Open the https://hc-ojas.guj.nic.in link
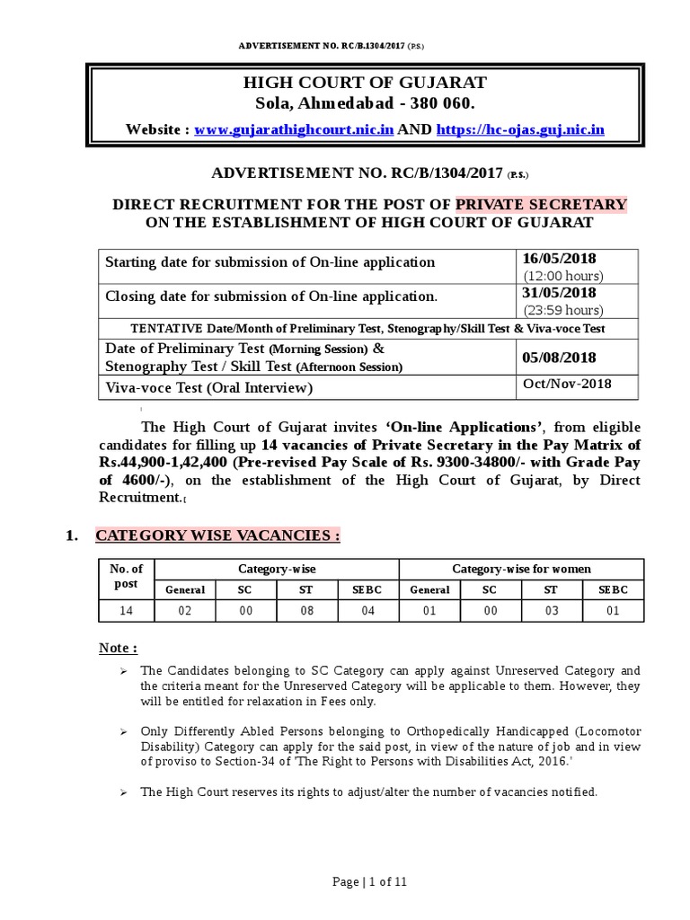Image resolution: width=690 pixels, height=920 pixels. [520, 130]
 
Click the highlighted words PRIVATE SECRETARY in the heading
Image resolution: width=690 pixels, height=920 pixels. [542, 204]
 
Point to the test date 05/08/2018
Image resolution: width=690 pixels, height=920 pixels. [559, 358]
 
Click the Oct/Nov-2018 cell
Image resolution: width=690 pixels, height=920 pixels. [567, 385]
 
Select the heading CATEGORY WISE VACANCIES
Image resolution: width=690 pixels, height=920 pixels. [217, 536]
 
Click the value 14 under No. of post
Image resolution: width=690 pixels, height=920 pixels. [126, 612]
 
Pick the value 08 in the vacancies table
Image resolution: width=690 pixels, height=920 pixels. [307, 612]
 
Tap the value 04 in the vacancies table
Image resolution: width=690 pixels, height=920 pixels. [367, 612]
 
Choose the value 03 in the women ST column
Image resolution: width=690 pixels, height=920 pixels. [552, 612]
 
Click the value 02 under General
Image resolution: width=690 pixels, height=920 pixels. [185, 612]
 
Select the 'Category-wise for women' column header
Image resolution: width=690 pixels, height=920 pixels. [521, 569]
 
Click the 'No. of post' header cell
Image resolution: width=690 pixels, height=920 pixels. [126, 576]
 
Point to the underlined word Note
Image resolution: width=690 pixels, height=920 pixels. [118, 649]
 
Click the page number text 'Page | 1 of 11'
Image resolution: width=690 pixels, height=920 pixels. [369, 882]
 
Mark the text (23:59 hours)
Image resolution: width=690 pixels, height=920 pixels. [562, 310]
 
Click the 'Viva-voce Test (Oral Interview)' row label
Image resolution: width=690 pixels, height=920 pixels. [209, 388]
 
